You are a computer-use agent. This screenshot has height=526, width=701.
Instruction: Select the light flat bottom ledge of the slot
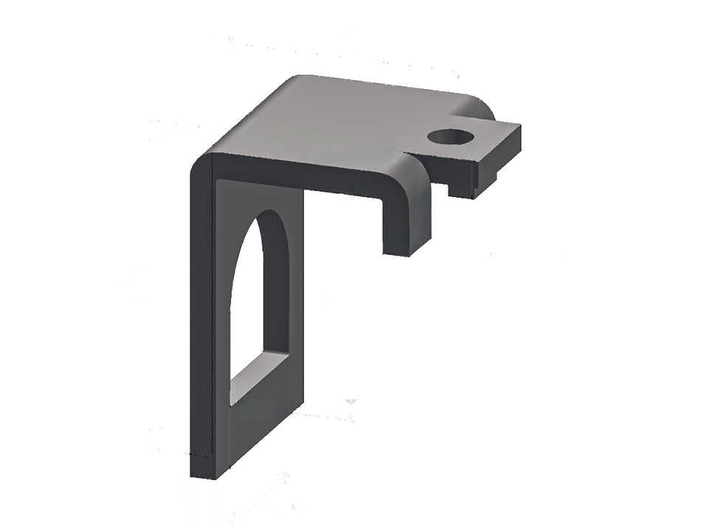tap(258, 376)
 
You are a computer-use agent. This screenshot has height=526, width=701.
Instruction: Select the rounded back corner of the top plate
tap(295, 79)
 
